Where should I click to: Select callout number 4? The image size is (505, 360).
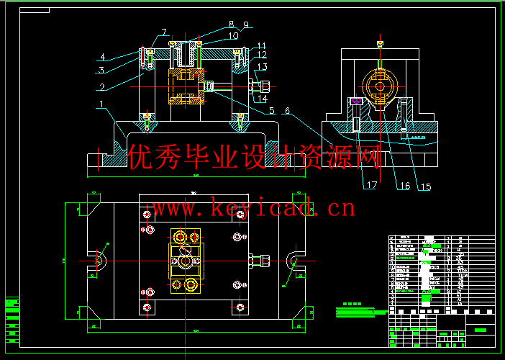103,56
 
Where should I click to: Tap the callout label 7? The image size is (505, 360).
164,32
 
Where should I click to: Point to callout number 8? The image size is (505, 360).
231,24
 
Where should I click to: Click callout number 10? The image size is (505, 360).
233,35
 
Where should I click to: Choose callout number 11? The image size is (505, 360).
262,45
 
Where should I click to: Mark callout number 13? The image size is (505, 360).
262,67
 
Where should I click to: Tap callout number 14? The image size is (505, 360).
262,98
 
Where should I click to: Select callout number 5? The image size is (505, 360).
271,111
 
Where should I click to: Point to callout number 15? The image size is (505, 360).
426,186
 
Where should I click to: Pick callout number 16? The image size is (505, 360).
404,186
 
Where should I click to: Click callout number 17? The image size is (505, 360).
371,185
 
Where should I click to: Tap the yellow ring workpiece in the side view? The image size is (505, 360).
378,86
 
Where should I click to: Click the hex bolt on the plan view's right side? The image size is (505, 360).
259,259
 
